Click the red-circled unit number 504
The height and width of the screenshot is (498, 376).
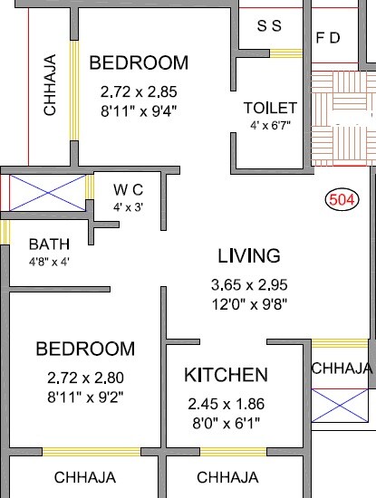coord(341,199)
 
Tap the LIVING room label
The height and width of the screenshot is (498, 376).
coord(248,256)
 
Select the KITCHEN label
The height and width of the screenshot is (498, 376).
coord(226,375)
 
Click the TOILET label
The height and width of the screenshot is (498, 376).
coord(270,108)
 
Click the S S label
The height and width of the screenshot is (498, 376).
coord(269,26)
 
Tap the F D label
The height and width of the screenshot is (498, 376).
coord(328,39)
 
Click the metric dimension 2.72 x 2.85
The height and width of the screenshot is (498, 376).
coord(139,91)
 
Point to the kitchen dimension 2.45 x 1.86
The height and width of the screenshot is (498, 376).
coord(226,404)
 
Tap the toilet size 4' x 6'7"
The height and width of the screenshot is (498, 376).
coord(270,126)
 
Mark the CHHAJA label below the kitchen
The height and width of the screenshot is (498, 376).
coord(227,477)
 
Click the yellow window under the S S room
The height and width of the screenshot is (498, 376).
coord(286,53)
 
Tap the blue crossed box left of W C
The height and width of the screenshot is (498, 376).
coord(47,193)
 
